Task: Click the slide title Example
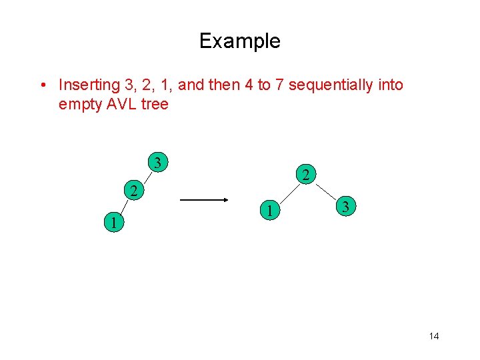pyautogui.click(x=239, y=41)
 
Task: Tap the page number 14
pyautogui.click(x=434, y=336)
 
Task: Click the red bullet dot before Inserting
pyautogui.click(x=42, y=85)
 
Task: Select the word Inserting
pyautogui.click(x=85, y=85)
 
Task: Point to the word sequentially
pyautogui.click(x=329, y=85)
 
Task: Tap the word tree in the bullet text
pyautogui.click(x=155, y=104)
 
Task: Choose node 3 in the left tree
pyautogui.click(x=157, y=162)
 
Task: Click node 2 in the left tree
pyautogui.click(x=134, y=192)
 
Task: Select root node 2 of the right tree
pyautogui.click(x=304, y=176)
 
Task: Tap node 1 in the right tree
pyautogui.click(x=268, y=211)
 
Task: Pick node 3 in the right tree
pyautogui.click(x=344, y=207)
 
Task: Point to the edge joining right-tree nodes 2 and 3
pyautogui.click(x=325, y=191)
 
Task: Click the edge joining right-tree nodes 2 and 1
pyautogui.click(x=287, y=193)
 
